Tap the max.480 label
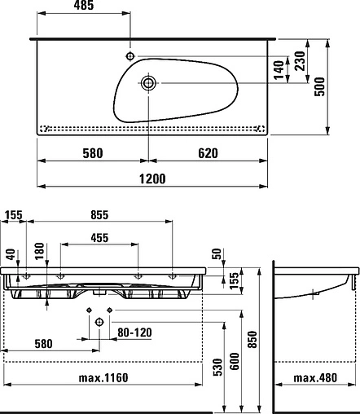315,377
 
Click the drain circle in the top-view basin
149,82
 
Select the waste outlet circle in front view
99,323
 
